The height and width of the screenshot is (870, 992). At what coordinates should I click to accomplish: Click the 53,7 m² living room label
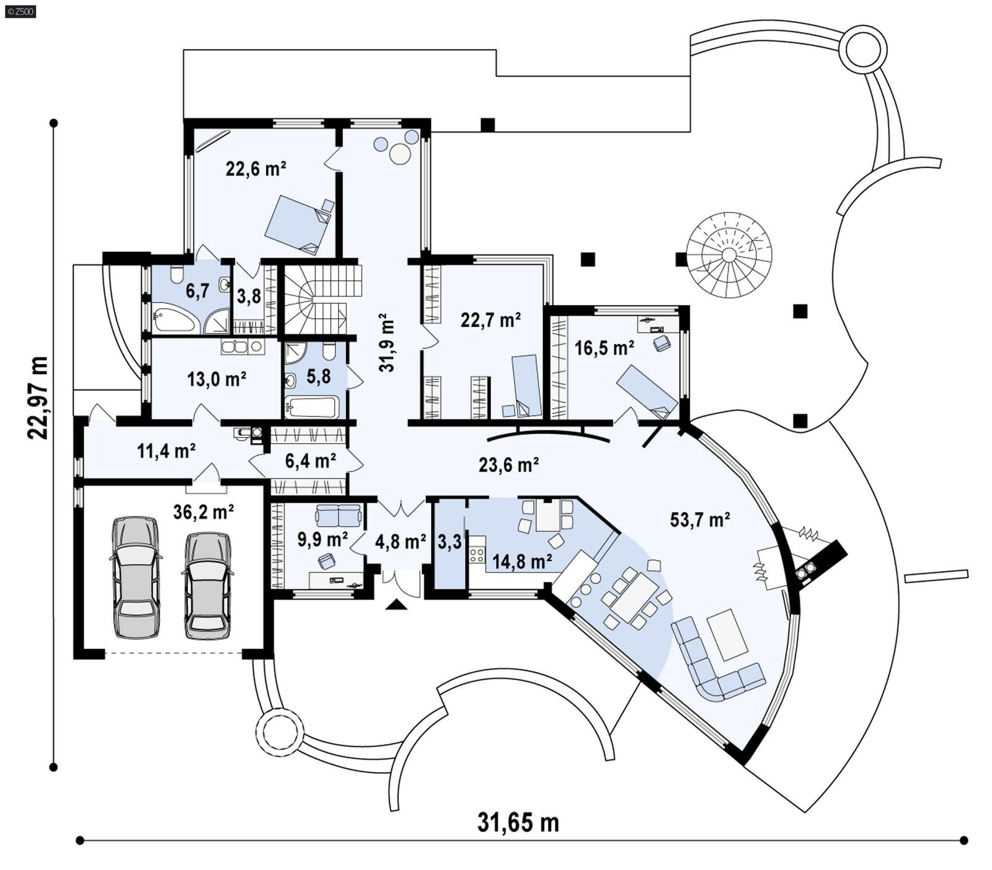coord(699,520)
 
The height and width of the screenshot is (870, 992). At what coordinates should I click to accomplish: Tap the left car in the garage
coord(135,577)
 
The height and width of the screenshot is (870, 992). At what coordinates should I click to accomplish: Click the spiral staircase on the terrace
coord(729,255)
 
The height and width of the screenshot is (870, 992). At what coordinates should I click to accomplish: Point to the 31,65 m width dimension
coord(518,822)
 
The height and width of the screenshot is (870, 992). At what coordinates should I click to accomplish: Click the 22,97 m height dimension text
coord(37,398)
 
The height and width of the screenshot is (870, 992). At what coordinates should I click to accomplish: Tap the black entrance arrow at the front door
coord(396,604)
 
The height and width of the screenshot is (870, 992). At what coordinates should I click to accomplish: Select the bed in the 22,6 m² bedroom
coord(299,224)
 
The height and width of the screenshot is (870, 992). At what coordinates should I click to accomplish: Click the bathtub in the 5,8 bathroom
coord(311,407)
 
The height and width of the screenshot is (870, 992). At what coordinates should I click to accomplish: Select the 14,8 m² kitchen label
coord(522,562)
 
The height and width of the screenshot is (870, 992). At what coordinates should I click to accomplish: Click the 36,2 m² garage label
coord(203,512)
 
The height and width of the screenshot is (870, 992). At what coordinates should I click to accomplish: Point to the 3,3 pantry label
coord(449,542)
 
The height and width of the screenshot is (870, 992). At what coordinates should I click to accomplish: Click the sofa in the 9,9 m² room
coord(338,514)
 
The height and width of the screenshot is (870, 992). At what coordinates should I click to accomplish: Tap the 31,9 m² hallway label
coord(386,342)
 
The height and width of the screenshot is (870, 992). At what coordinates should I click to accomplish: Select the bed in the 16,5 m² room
coord(647,392)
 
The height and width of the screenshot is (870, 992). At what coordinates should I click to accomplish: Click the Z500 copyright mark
coord(19,11)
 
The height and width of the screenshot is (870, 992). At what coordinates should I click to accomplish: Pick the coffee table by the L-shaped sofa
coord(727,634)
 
